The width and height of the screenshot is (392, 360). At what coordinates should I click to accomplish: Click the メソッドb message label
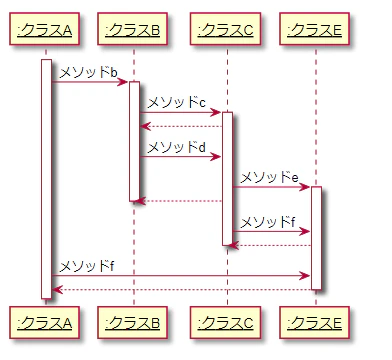[88, 72]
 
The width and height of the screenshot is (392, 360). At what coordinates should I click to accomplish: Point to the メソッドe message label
[270, 177]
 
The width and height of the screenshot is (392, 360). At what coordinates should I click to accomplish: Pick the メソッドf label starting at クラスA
[86, 265]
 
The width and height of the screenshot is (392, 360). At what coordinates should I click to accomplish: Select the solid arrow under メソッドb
[90, 82]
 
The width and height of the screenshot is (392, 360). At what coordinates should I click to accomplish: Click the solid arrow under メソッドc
[180, 112]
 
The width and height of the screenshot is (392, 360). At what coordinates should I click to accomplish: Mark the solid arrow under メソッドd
[180, 157]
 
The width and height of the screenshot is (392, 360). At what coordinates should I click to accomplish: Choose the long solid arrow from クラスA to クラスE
[180, 275]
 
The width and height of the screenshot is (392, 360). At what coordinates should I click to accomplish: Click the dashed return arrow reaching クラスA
[180, 289]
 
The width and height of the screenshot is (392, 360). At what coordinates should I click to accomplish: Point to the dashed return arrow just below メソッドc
[180, 126]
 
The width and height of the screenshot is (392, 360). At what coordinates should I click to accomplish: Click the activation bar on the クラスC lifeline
[227, 178]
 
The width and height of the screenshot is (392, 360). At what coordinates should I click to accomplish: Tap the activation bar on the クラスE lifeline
[315, 238]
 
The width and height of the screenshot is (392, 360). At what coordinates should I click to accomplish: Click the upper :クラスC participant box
[227, 31]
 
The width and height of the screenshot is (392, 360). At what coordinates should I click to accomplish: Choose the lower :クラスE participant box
[315, 322]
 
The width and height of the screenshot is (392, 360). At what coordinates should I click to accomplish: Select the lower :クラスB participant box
[133, 322]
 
